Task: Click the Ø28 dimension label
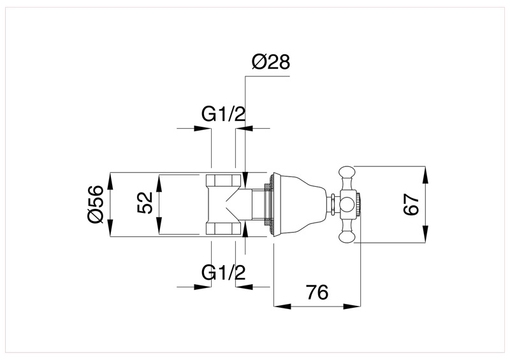(x=271, y=62)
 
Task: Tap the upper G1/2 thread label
(x=224, y=115)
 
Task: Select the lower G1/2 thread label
(x=224, y=272)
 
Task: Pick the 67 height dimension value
(x=412, y=205)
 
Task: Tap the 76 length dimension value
(x=317, y=292)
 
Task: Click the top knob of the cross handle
(x=347, y=172)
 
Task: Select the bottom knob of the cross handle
(x=347, y=237)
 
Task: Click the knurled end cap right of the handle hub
(x=359, y=205)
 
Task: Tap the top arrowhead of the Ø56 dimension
(x=110, y=178)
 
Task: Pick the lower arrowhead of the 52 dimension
(x=159, y=229)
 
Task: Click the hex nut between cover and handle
(x=333, y=205)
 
